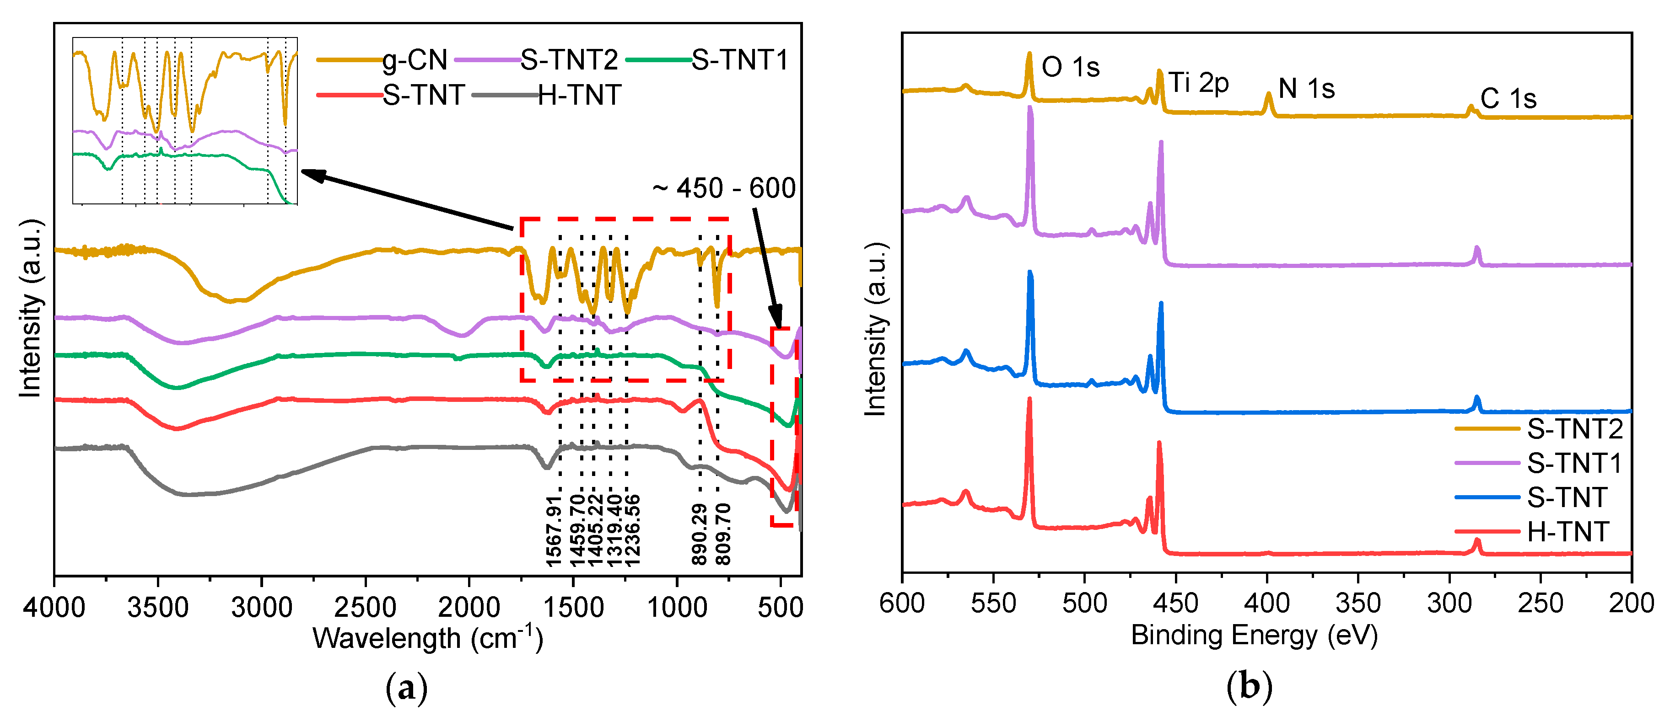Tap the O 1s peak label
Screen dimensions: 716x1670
1070,67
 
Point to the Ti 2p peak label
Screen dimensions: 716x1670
1198,83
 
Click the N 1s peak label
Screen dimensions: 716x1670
1306,89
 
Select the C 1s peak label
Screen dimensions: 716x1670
1508,99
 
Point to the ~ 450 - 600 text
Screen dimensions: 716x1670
723,188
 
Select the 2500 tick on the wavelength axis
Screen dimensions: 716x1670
365,608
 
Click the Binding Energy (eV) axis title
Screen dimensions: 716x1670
1254,636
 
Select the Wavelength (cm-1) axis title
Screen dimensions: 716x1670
428,639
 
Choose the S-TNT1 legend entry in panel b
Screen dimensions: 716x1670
1573,463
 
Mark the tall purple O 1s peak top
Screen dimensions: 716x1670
1030,108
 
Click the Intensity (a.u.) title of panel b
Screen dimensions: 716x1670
875,329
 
